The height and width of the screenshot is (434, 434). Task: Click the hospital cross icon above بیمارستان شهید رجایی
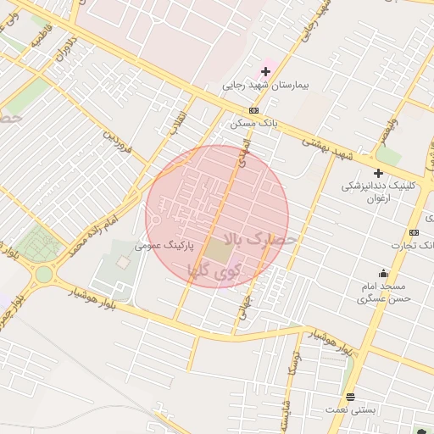point(265,71)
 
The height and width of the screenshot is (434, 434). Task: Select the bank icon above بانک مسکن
point(253,111)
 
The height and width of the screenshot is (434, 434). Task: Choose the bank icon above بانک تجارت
point(414,233)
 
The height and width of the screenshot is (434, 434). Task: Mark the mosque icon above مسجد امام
point(384,273)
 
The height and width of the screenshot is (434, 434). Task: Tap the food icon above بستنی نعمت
point(351,397)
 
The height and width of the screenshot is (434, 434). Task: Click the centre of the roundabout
point(42,273)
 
